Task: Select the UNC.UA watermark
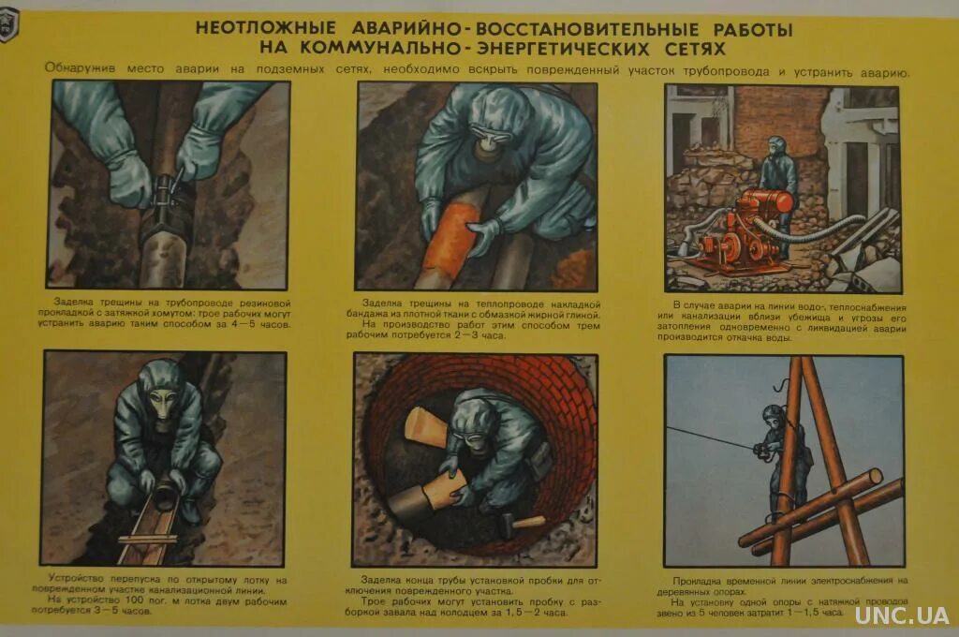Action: click(x=900, y=615)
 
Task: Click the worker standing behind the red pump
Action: click(x=777, y=173)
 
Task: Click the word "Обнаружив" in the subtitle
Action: click(x=79, y=70)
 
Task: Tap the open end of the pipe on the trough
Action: click(x=166, y=493)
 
